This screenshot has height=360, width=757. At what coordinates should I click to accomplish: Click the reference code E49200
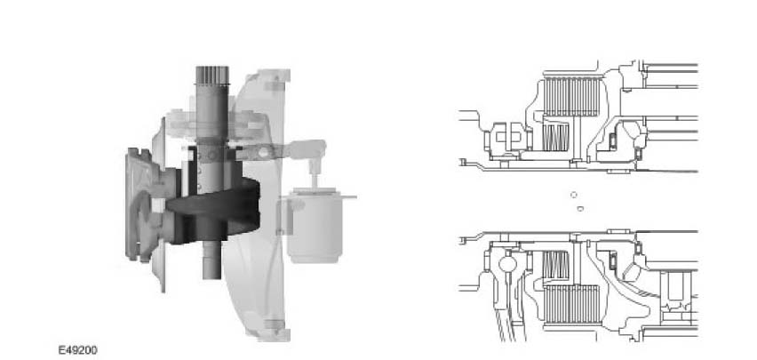pos(77,350)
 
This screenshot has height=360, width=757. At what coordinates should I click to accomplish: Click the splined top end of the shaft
pos(212,75)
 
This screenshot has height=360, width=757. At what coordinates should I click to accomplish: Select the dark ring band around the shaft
pos(212,209)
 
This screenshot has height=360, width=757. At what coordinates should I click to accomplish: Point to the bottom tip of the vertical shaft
pos(212,278)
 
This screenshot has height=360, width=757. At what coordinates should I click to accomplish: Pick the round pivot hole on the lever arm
pos(263,152)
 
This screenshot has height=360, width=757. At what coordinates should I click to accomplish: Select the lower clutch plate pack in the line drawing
pos(572,304)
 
